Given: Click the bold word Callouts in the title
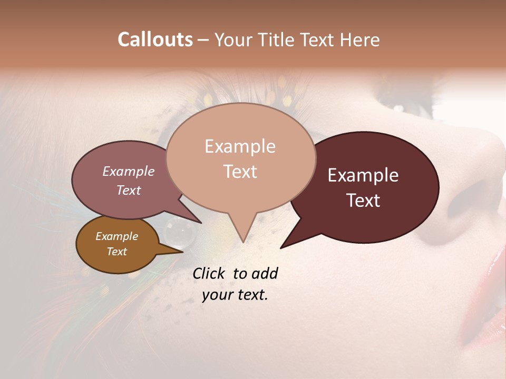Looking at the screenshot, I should (x=155, y=39).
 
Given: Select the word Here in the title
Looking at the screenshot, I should (x=358, y=39).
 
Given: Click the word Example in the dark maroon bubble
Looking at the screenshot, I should (x=363, y=175).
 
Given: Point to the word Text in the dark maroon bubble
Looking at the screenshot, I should (x=363, y=201).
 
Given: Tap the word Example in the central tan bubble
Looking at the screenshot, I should (x=240, y=146).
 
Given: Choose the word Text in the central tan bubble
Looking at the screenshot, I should (x=240, y=172).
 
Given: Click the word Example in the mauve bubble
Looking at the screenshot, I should (x=129, y=172).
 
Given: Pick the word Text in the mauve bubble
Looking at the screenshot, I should (x=129, y=190).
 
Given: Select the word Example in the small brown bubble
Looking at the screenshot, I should (x=116, y=236).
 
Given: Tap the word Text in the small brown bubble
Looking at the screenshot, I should (x=116, y=252).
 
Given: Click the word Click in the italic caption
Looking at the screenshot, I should (x=209, y=273).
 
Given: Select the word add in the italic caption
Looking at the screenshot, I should (x=265, y=273).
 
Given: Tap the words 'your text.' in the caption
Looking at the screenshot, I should (x=235, y=295).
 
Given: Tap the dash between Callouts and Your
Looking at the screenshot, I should (x=204, y=40).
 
